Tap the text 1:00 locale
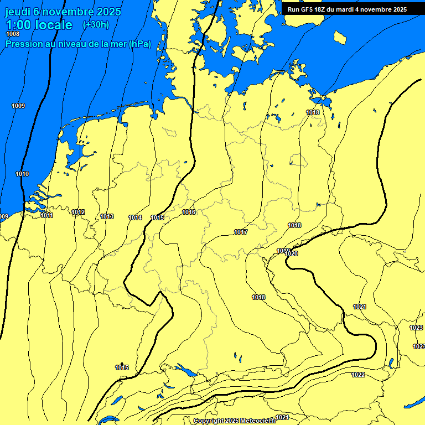[x=39, y=25]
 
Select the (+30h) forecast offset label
[x=96, y=25]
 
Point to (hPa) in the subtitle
[x=139, y=44]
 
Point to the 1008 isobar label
[x=12, y=34]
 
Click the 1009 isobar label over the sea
[x=18, y=106]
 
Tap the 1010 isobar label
[x=22, y=174]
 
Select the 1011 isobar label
[x=46, y=215]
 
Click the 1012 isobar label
[x=78, y=212]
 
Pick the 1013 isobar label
[x=107, y=216]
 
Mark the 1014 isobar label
[x=135, y=217]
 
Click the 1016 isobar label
[x=189, y=212]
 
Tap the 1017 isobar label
[x=241, y=232]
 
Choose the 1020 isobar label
[x=292, y=254]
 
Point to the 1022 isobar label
[x=358, y=375]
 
